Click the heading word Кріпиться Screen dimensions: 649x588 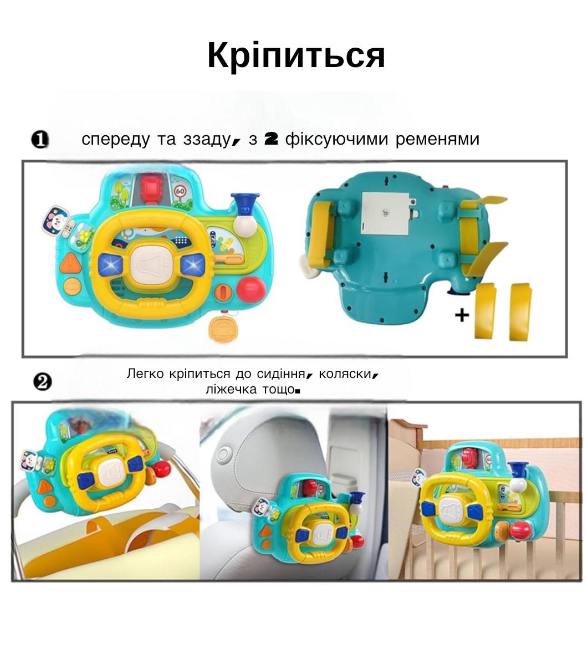[x=296, y=55]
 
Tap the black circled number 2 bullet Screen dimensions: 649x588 [x=42, y=382]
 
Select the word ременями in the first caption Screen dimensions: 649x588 [x=437, y=139]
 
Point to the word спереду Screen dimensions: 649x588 [x=115, y=140]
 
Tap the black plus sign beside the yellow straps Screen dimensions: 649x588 [x=462, y=315]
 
